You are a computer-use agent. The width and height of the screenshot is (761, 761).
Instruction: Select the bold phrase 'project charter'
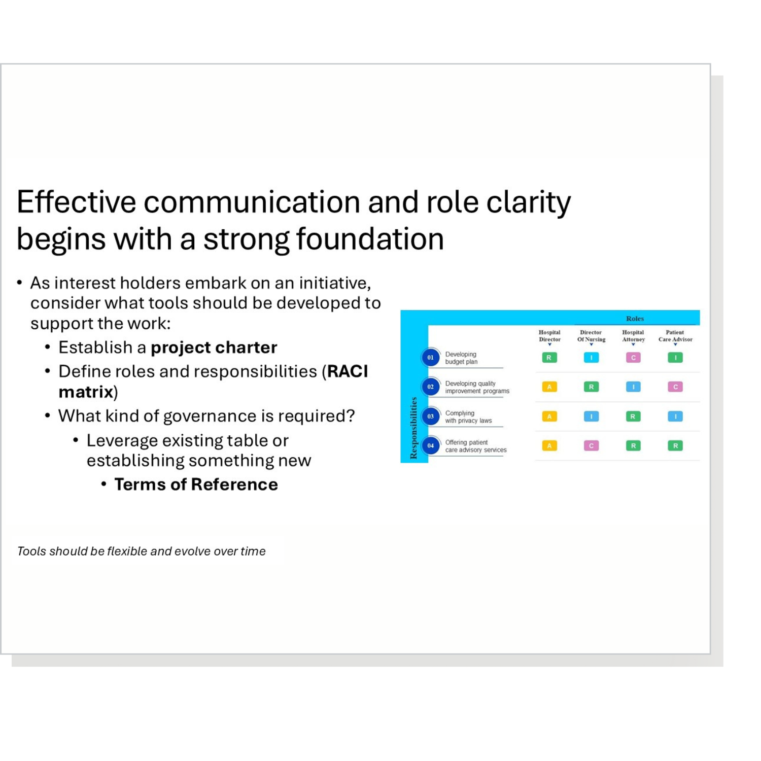point(214,348)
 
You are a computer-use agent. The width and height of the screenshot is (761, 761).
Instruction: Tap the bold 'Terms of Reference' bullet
point(196,485)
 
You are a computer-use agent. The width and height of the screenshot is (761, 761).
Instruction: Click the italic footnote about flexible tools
point(141,551)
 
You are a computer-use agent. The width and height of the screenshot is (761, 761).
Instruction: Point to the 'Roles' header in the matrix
point(635,319)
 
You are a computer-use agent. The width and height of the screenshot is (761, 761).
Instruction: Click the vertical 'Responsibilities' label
point(413,428)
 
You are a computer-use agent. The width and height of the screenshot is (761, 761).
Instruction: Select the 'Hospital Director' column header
point(549,336)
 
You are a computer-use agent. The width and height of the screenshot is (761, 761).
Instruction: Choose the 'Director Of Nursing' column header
point(591,336)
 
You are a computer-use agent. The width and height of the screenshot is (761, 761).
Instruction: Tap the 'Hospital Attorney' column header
point(633,336)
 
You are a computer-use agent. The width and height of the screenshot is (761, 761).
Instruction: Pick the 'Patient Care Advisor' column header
point(675,336)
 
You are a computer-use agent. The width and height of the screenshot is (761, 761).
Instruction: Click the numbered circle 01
point(430,358)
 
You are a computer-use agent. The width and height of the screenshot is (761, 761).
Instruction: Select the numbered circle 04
point(430,446)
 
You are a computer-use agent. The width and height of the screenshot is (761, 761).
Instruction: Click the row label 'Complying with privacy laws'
point(468,417)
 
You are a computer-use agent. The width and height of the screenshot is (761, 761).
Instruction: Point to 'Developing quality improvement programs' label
point(477,388)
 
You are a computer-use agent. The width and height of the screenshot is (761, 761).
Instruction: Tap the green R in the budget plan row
point(549,358)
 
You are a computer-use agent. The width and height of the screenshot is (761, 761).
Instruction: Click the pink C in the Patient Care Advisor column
point(675,387)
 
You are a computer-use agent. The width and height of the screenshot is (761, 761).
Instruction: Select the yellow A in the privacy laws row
point(549,417)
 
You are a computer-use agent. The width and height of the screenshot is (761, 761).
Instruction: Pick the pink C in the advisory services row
point(591,446)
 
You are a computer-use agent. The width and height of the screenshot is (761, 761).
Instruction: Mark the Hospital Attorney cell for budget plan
point(633,358)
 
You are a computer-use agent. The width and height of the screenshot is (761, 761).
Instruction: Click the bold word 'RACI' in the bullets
point(348,371)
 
